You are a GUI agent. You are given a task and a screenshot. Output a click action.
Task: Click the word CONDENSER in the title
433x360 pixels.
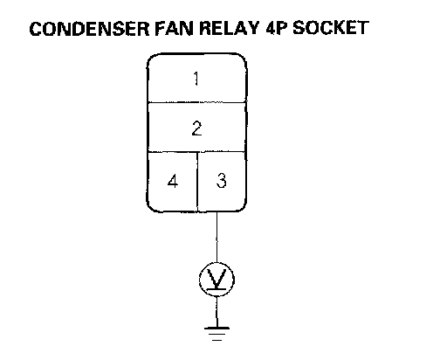point(89,29)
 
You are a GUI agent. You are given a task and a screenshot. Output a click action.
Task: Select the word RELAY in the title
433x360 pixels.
point(229,29)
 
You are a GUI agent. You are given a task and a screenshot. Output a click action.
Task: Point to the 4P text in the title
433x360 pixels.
point(276,29)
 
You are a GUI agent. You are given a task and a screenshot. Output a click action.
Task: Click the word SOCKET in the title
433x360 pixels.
point(331,29)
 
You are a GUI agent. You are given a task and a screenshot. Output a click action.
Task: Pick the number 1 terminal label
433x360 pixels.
point(196,79)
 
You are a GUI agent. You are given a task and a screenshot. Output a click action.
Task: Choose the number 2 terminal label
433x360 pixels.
point(197,128)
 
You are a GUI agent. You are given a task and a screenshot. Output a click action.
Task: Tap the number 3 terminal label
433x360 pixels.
point(221,181)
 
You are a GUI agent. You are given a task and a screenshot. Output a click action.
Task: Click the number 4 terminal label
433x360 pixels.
point(173,181)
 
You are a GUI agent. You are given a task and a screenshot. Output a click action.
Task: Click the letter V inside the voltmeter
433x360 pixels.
point(216,277)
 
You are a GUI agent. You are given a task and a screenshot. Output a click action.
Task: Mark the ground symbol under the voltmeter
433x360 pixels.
point(216,334)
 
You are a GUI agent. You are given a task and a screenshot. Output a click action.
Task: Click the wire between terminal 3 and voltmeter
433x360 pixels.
point(216,237)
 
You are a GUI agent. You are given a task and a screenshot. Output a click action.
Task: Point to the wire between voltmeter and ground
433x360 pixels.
point(216,312)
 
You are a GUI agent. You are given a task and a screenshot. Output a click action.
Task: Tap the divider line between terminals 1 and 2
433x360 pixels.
point(197,102)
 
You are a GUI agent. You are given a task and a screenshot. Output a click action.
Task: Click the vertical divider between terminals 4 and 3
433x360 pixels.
point(197,182)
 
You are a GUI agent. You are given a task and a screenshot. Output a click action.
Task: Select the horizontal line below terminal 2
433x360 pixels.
point(196,151)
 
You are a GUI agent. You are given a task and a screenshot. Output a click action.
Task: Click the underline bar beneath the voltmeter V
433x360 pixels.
point(216,289)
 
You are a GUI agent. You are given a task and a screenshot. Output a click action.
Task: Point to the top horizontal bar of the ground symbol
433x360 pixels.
point(216,329)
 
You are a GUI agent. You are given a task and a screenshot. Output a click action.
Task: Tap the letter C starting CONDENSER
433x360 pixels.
point(36,29)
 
